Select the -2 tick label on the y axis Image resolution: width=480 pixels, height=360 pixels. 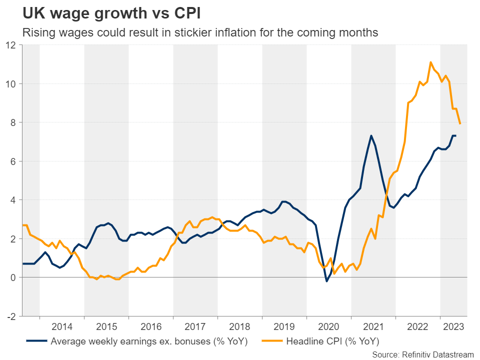point(11,316)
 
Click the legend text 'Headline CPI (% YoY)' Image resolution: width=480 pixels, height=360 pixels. point(332,342)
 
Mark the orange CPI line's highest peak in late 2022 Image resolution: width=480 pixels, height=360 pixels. point(430,62)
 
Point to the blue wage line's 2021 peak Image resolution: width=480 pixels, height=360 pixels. point(371,135)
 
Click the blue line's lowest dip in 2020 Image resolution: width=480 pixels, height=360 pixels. point(326,281)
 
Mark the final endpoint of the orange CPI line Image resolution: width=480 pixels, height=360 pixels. point(460,123)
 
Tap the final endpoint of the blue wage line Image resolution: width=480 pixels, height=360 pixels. point(455,135)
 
